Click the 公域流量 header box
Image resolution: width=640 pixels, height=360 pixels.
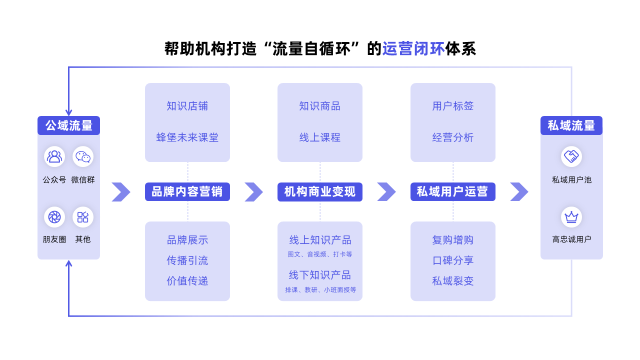point(69,125)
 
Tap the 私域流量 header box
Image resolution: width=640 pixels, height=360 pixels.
point(571,125)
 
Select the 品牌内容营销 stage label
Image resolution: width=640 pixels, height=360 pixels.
point(187,191)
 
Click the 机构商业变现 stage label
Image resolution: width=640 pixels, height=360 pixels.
point(320,191)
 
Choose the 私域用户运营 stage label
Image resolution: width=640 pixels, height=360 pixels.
point(453,191)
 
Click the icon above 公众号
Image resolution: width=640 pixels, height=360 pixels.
point(54,156)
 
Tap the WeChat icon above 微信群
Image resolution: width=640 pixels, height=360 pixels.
point(83,156)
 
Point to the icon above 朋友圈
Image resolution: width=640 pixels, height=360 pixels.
point(54,217)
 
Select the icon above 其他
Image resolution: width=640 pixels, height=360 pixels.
point(83,217)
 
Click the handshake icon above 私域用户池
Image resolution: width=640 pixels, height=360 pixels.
point(571,156)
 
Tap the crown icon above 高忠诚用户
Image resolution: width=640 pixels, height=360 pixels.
point(571,217)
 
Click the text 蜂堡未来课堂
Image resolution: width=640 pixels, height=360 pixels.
point(187,137)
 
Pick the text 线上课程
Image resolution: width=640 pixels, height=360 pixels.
point(320,137)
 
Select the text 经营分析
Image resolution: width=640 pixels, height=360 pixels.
point(453,137)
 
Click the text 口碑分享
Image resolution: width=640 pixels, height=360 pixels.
point(453,260)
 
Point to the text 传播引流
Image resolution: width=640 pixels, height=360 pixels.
point(187,260)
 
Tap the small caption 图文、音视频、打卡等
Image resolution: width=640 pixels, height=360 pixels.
point(320,254)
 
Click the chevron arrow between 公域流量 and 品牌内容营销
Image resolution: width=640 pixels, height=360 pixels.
point(121,191)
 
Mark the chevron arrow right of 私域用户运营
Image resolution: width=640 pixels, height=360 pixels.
point(519,191)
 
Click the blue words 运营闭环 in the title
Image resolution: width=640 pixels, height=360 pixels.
point(413,48)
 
